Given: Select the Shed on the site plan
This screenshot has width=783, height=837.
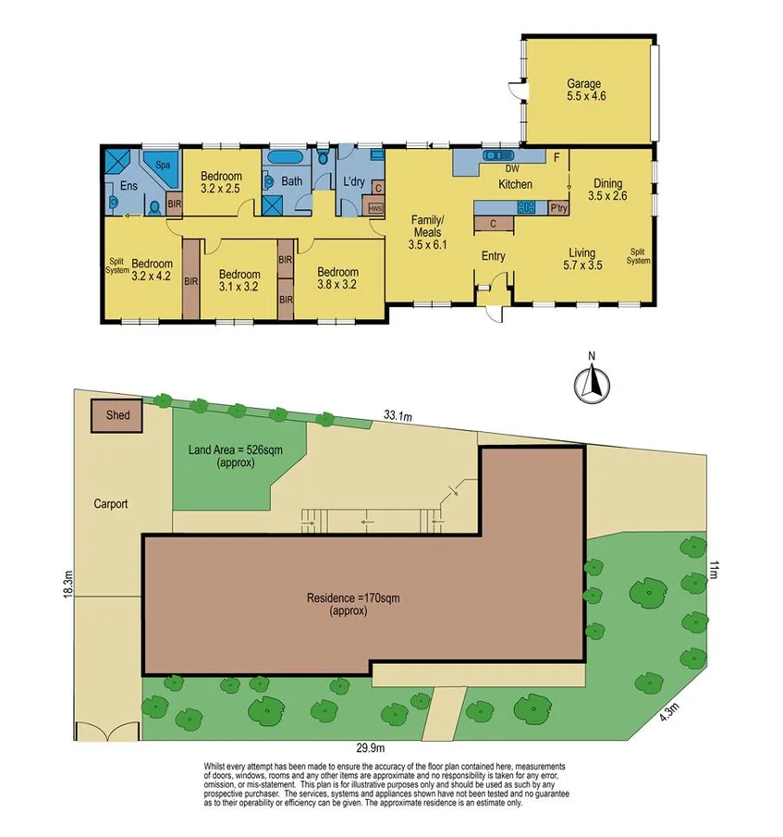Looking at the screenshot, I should pyautogui.click(x=116, y=416).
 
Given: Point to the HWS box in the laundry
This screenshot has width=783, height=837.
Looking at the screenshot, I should pyautogui.click(x=374, y=208).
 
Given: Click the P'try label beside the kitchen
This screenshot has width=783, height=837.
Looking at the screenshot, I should pyautogui.click(x=557, y=208).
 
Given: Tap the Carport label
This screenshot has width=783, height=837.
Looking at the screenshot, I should pyautogui.click(x=110, y=505).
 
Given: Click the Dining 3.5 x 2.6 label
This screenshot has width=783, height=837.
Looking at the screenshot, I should pyautogui.click(x=609, y=190).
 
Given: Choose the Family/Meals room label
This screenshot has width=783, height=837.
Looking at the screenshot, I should pyautogui.click(x=428, y=232).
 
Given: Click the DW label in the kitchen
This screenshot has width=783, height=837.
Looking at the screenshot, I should pyautogui.click(x=511, y=169).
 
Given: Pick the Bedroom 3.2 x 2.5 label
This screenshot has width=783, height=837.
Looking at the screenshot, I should pyautogui.click(x=222, y=183).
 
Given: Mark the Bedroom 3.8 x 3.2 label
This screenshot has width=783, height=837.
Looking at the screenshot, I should pyautogui.click(x=336, y=279).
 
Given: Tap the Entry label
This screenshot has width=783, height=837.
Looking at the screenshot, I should pyautogui.click(x=493, y=255).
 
